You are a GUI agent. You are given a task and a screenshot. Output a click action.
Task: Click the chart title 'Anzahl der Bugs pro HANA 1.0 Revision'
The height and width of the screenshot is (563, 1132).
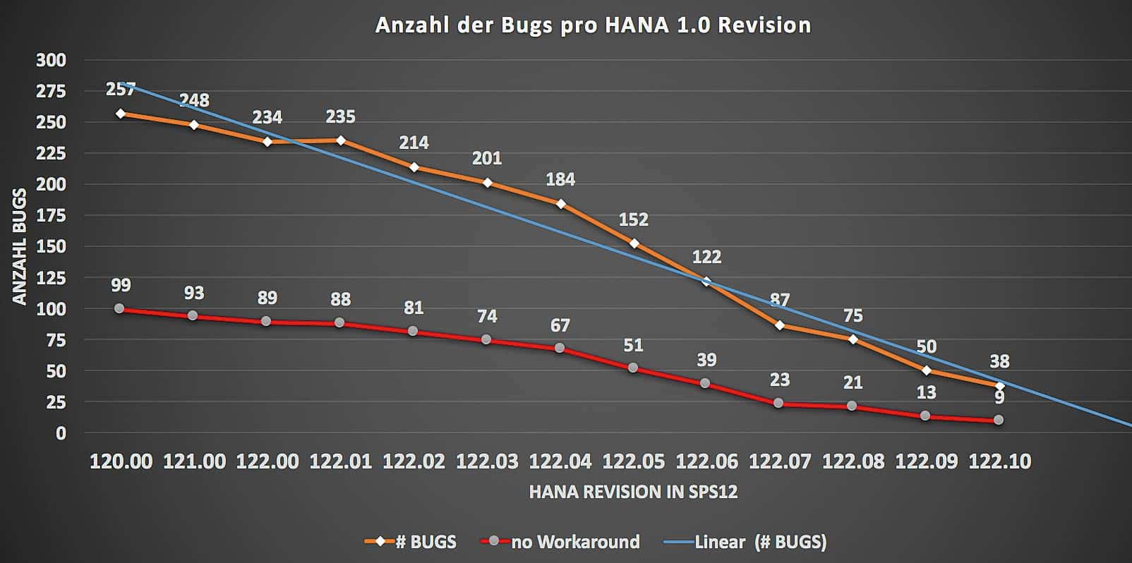tap(592, 25)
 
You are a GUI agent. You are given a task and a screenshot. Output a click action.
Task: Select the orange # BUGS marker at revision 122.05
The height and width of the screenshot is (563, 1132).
tap(634, 243)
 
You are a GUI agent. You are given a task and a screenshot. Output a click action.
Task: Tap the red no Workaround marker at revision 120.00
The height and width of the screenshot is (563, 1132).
tap(119, 308)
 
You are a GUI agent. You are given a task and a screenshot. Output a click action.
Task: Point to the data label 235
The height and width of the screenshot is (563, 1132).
tap(340, 116)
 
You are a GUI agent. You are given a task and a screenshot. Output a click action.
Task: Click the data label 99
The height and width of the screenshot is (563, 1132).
tap(121, 285)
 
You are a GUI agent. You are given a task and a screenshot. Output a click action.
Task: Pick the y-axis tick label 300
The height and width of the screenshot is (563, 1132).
tap(51, 60)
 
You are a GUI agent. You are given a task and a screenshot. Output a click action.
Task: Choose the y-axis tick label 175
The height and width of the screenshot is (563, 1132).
tap(51, 215)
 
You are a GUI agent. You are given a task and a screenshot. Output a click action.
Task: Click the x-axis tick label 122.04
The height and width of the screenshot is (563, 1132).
tap(560, 461)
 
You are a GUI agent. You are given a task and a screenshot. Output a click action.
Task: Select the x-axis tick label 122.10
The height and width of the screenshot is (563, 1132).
tap(999, 461)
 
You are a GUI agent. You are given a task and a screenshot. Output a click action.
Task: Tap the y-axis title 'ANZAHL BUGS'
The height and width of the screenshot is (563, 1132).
tap(20, 246)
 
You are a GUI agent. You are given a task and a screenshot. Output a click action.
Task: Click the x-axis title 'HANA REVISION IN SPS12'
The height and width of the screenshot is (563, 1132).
tap(633, 492)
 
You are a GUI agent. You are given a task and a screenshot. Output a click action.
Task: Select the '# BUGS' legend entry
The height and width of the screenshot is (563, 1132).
tap(411, 542)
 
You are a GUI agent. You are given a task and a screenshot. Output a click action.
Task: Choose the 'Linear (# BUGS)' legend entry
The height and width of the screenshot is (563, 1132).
tap(745, 542)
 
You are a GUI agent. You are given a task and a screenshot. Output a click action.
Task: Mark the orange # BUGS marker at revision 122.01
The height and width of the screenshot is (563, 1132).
tap(341, 140)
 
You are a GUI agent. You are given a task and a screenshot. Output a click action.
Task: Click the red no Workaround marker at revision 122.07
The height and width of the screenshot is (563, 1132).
tap(778, 403)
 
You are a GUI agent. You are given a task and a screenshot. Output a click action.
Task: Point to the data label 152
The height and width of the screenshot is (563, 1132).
tap(633, 219)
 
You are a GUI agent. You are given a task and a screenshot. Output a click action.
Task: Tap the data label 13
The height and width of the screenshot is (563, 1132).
tap(926, 392)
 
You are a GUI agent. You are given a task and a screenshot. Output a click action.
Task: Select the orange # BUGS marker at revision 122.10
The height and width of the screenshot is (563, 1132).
tap(999, 386)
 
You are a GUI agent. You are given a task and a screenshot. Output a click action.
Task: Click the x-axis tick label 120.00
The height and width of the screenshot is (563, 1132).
tap(121, 461)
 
